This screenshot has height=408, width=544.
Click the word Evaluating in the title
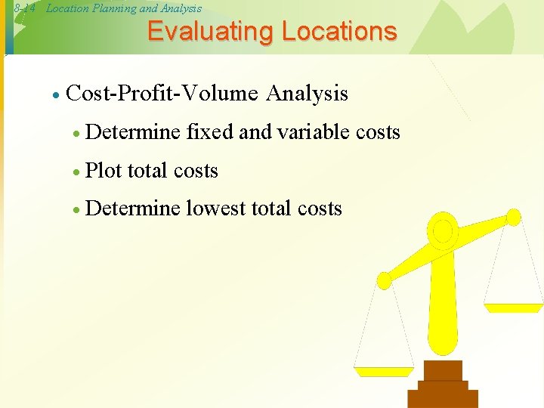coord(210,32)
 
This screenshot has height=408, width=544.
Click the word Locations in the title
coord(338,32)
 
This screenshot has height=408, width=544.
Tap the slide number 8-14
coord(23,8)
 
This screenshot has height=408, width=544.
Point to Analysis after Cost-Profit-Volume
coord(307,94)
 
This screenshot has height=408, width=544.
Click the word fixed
coord(209,132)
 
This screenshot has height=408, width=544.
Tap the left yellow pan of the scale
coord(385,371)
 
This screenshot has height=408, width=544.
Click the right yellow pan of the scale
coord(513,308)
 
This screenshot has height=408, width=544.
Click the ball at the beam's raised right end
coord(513,218)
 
